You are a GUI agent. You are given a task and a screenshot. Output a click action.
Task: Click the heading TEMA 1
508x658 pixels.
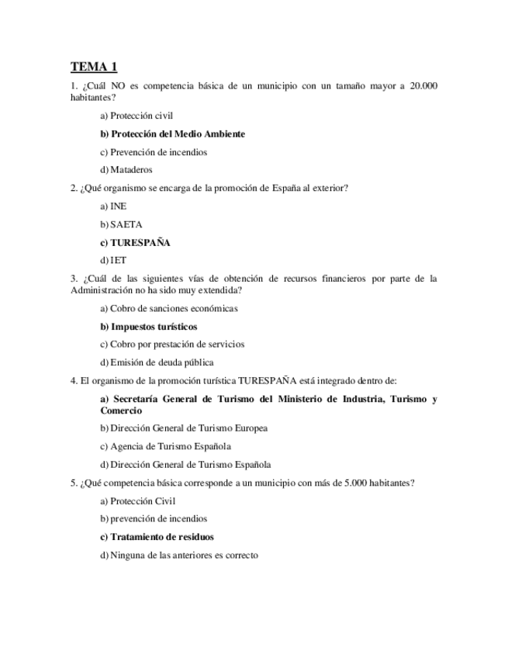pyautogui.click(x=95, y=67)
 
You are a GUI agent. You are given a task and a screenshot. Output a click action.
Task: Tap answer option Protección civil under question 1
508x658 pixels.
pyautogui.click(x=137, y=116)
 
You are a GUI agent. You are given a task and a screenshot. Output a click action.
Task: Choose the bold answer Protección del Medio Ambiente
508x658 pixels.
pyautogui.click(x=172, y=134)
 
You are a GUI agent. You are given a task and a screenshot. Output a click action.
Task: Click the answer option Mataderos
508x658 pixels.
pyautogui.click(x=126, y=170)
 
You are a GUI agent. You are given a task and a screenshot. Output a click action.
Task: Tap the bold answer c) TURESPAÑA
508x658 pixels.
pyautogui.click(x=135, y=243)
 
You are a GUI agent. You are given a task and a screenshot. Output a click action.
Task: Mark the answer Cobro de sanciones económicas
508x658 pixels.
pyautogui.click(x=169, y=308)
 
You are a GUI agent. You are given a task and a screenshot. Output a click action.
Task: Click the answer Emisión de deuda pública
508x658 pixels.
pyautogui.click(x=157, y=362)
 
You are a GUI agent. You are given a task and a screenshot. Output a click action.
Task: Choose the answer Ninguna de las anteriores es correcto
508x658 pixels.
pyautogui.click(x=179, y=555)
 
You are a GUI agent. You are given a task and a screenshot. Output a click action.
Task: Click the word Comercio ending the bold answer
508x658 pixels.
pyautogui.click(x=121, y=410)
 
